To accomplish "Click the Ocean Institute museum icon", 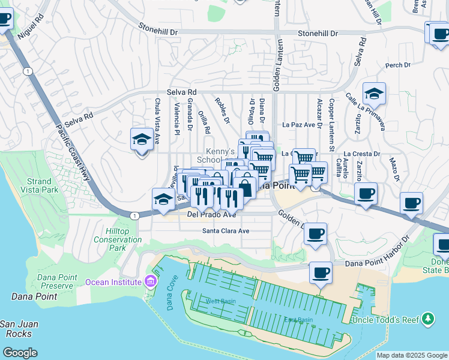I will coord(150,281).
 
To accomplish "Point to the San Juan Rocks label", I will coord(19,329).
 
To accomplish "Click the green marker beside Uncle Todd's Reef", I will coord(427,318).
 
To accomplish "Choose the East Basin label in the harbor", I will coord(298,320).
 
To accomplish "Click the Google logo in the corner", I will coord(20,353).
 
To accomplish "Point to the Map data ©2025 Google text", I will coord(411,355).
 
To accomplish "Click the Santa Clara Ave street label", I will coord(225,230).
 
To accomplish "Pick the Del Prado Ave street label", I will coord(211,214).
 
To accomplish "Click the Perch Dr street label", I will coord(397,65).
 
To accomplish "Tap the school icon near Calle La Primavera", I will coord(373,94).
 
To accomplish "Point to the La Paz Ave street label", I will coord(299,125).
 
